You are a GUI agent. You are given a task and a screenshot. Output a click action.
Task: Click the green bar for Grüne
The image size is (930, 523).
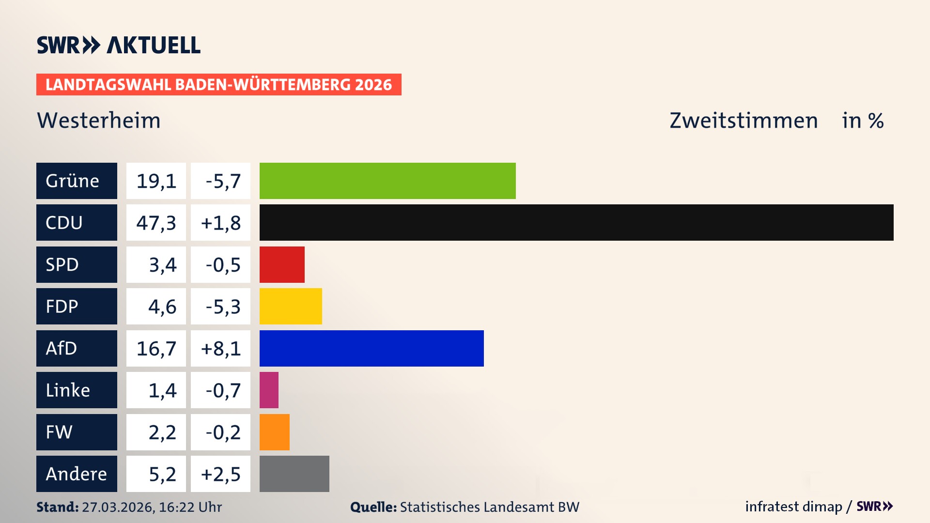click(x=387, y=181)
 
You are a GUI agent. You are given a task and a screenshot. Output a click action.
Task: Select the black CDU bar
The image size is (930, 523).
click(x=576, y=222)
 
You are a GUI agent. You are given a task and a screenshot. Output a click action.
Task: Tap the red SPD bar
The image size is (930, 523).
click(x=282, y=264)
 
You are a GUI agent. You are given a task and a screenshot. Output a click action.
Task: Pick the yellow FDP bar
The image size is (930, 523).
click(x=291, y=306)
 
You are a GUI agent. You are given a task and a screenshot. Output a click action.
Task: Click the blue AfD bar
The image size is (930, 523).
click(x=372, y=348)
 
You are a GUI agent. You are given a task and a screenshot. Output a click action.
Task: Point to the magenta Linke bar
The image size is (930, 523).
click(x=269, y=390)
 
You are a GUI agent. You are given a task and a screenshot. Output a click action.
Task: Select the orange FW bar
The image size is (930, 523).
click(x=275, y=432)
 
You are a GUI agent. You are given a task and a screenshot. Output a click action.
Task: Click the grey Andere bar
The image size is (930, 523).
click(x=294, y=474)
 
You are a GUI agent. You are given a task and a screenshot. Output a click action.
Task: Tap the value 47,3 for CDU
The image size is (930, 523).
click(x=156, y=223)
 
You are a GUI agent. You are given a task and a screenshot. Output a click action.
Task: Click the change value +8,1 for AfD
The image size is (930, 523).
click(x=221, y=348)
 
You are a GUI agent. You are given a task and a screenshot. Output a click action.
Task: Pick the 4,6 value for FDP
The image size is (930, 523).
click(x=162, y=307)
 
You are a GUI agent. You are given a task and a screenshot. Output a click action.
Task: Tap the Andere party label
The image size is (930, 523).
click(x=77, y=474)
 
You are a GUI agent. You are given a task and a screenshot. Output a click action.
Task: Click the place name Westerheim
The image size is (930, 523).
click(x=99, y=121)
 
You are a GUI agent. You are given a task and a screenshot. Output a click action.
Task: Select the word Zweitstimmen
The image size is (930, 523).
click(x=744, y=121)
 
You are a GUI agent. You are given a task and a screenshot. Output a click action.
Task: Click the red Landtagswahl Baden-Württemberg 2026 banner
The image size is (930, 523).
click(x=218, y=85)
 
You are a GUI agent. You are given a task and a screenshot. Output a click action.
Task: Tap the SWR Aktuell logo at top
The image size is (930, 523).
click(x=119, y=45)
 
